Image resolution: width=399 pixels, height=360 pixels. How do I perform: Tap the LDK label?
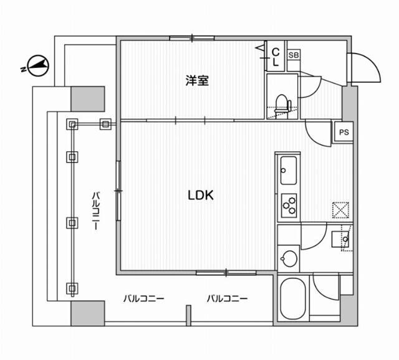(201, 195)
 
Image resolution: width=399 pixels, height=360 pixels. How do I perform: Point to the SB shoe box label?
(293, 55)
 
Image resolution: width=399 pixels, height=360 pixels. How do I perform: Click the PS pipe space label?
(344, 131)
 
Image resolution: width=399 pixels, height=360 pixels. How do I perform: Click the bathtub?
(292, 300)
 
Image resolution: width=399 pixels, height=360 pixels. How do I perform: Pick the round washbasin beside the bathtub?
(289, 257)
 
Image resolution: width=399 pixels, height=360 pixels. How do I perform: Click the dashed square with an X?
(340, 210)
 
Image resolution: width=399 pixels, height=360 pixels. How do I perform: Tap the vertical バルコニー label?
(97, 211)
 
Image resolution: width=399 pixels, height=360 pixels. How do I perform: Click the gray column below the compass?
(87, 98)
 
